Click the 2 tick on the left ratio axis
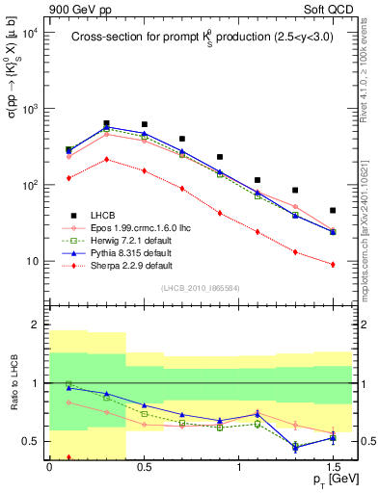(x=38, y=324)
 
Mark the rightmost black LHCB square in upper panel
(x=333, y=210)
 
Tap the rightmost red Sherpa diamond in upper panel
(x=333, y=264)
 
